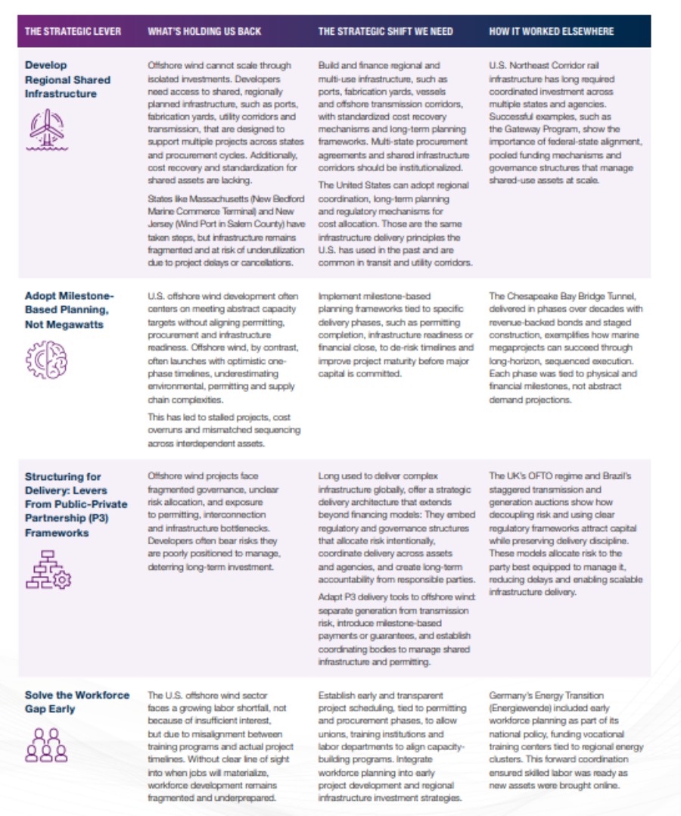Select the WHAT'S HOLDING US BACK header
tap(204, 32)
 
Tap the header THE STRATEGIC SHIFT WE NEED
tap(385, 32)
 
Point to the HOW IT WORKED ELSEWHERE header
tap(551, 32)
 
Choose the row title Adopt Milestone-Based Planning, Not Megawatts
tap(69, 310)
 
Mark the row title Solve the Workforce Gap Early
tap(76, 702)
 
